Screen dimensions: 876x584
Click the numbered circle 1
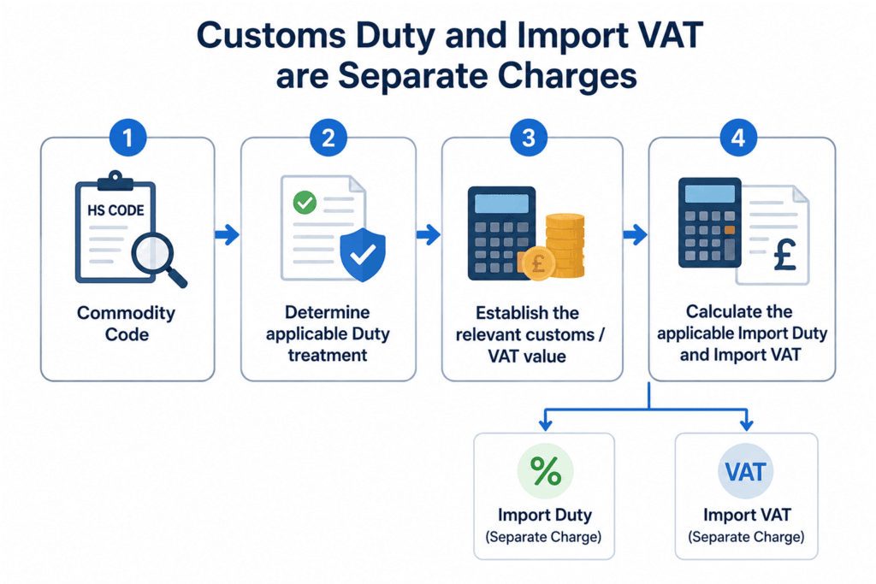[128, 138]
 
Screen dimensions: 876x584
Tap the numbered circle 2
[328, 138]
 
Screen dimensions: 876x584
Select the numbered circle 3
[529, 138]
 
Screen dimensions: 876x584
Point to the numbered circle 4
[738, 138]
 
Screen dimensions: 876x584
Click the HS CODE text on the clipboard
[115, 210]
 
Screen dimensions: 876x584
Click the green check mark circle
[305, 203]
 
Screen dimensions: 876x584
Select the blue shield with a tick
[363, 254]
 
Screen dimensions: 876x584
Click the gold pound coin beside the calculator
[538, 263]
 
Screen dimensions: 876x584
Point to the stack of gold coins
[565, 245]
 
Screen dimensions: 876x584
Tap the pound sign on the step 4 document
[785, 254]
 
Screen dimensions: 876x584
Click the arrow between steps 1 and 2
[228, 234]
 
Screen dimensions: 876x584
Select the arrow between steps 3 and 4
[636, 234]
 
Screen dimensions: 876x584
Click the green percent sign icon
[545, 471]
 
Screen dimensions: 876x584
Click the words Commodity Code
[127, 324]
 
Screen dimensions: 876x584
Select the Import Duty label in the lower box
[545, 515]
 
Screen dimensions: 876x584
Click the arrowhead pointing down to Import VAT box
[746, 426]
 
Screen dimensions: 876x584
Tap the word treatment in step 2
[328, 355]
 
